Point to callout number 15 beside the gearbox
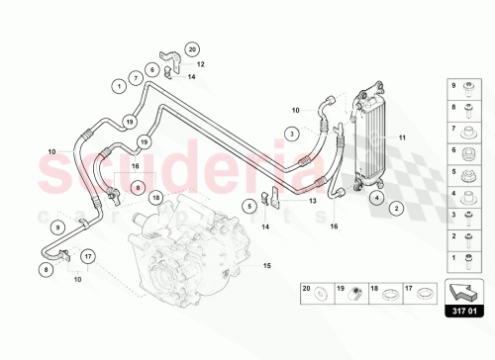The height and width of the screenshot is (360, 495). point(264,265)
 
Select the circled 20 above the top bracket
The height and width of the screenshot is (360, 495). point(192,48)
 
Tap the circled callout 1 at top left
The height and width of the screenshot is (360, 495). point(118,86)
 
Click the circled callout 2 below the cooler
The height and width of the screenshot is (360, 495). point(395,208)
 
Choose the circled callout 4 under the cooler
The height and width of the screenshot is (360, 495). point(376,198)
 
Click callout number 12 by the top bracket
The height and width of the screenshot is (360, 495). point(201,62)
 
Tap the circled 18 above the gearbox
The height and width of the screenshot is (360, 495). point(155,199)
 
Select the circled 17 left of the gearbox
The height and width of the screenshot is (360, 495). point(88,258)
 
